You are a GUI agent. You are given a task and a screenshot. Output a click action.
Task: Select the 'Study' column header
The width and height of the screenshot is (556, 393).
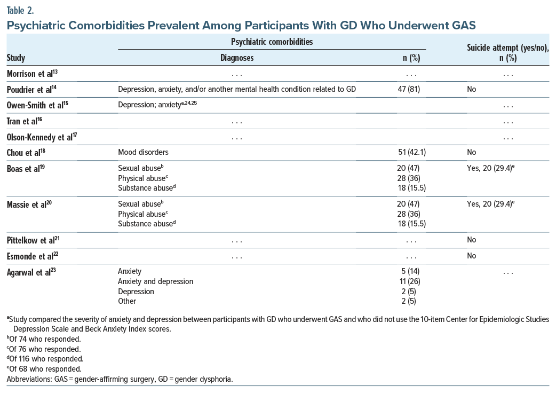pyautogui.click(x=16, y=58)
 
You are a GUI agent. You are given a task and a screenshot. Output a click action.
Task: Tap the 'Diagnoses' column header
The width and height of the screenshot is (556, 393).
pyautogui.click(x=237, y=58)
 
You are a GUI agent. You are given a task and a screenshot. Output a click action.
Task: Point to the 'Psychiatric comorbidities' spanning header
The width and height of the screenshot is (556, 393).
pyautogui.click(x=272, y=41)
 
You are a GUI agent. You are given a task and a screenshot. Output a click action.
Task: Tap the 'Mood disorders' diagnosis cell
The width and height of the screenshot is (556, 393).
pyautogui.click(x=143, y=152)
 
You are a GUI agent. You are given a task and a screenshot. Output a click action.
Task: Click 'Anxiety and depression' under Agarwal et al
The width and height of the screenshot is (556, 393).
pyautogui.click(x=155, y=281)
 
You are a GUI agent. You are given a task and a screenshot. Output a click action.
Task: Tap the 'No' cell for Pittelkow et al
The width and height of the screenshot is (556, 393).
pyautogui.click(x=471, y=240)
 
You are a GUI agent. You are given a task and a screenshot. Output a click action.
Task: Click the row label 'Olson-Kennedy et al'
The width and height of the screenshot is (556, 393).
pyautogui.click(x=39, y=137)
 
